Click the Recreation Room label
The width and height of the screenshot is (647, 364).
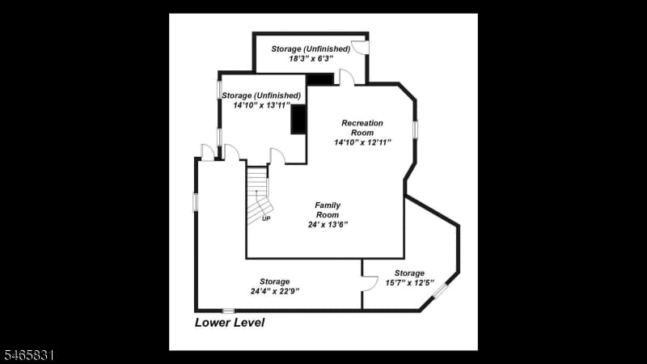click(362, 128)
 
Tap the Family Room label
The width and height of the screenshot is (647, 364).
click(328, 210)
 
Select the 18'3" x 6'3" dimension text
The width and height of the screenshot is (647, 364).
click(311, 58)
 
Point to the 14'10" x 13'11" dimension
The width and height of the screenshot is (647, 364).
click(261, 105)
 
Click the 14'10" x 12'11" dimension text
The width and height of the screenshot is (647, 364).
click(362, 142)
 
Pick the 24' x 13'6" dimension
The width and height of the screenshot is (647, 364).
click(328, 225)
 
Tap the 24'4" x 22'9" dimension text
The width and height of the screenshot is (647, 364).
click(275, 291)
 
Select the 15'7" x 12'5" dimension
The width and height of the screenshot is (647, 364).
click(410, 282)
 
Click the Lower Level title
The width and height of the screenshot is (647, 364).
click(230, 322)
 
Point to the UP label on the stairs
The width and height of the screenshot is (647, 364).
click(266, 218)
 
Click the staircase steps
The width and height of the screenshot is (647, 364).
click(258, 195)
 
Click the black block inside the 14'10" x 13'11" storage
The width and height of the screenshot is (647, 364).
click(298, 119)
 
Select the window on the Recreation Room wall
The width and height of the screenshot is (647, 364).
click(415, 129)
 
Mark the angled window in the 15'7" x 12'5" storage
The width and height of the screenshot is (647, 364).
click(440, 290)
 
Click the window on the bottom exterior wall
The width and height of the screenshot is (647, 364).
click(228, 311)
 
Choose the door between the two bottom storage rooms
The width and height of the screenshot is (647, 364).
click(370, 284)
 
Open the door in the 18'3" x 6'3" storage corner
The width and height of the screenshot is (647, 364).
click(359, 48)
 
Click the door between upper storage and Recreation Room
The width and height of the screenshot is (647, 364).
click(347, 77)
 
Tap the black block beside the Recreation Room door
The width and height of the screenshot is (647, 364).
click(320, 79)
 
